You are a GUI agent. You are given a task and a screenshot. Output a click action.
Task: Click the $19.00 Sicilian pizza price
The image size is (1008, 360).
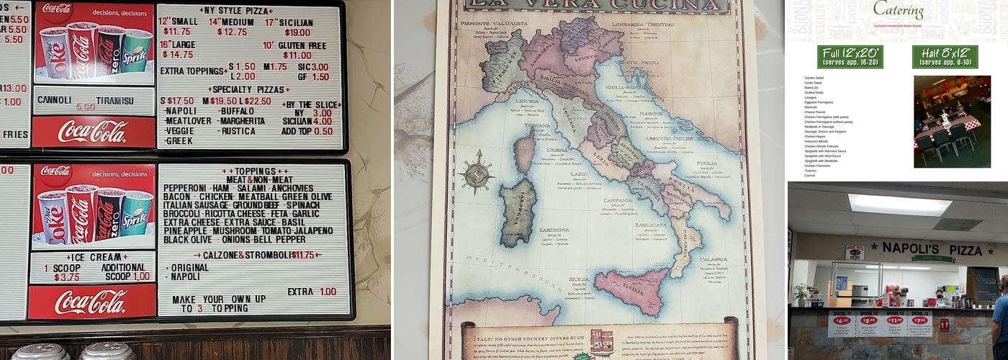coord(297,32)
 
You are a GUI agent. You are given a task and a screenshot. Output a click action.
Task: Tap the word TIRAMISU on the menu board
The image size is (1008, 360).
coord(115,101)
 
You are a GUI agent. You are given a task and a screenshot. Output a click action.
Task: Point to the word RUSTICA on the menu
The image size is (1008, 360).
coord(238,131)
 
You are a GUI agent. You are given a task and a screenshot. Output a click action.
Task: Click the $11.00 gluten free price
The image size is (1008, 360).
coord(297,55)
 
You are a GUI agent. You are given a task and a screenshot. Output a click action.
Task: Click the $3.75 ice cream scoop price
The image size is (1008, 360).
coord(66,277)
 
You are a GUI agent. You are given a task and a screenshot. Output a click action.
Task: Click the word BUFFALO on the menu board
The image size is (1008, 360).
coord(238,112)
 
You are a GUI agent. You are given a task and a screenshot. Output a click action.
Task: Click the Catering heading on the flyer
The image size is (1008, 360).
coord(898,11)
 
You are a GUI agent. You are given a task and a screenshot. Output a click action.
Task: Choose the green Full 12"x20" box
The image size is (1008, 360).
coord(850,56)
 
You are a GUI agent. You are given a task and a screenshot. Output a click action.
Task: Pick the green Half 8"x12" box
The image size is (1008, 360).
coord(945,56)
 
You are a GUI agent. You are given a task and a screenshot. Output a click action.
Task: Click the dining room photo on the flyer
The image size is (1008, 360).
coord(952,121)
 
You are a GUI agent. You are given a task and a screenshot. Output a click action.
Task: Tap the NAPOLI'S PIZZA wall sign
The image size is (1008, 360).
coord(932,249)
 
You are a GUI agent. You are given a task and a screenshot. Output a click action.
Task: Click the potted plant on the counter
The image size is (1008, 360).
coord(801,293)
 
